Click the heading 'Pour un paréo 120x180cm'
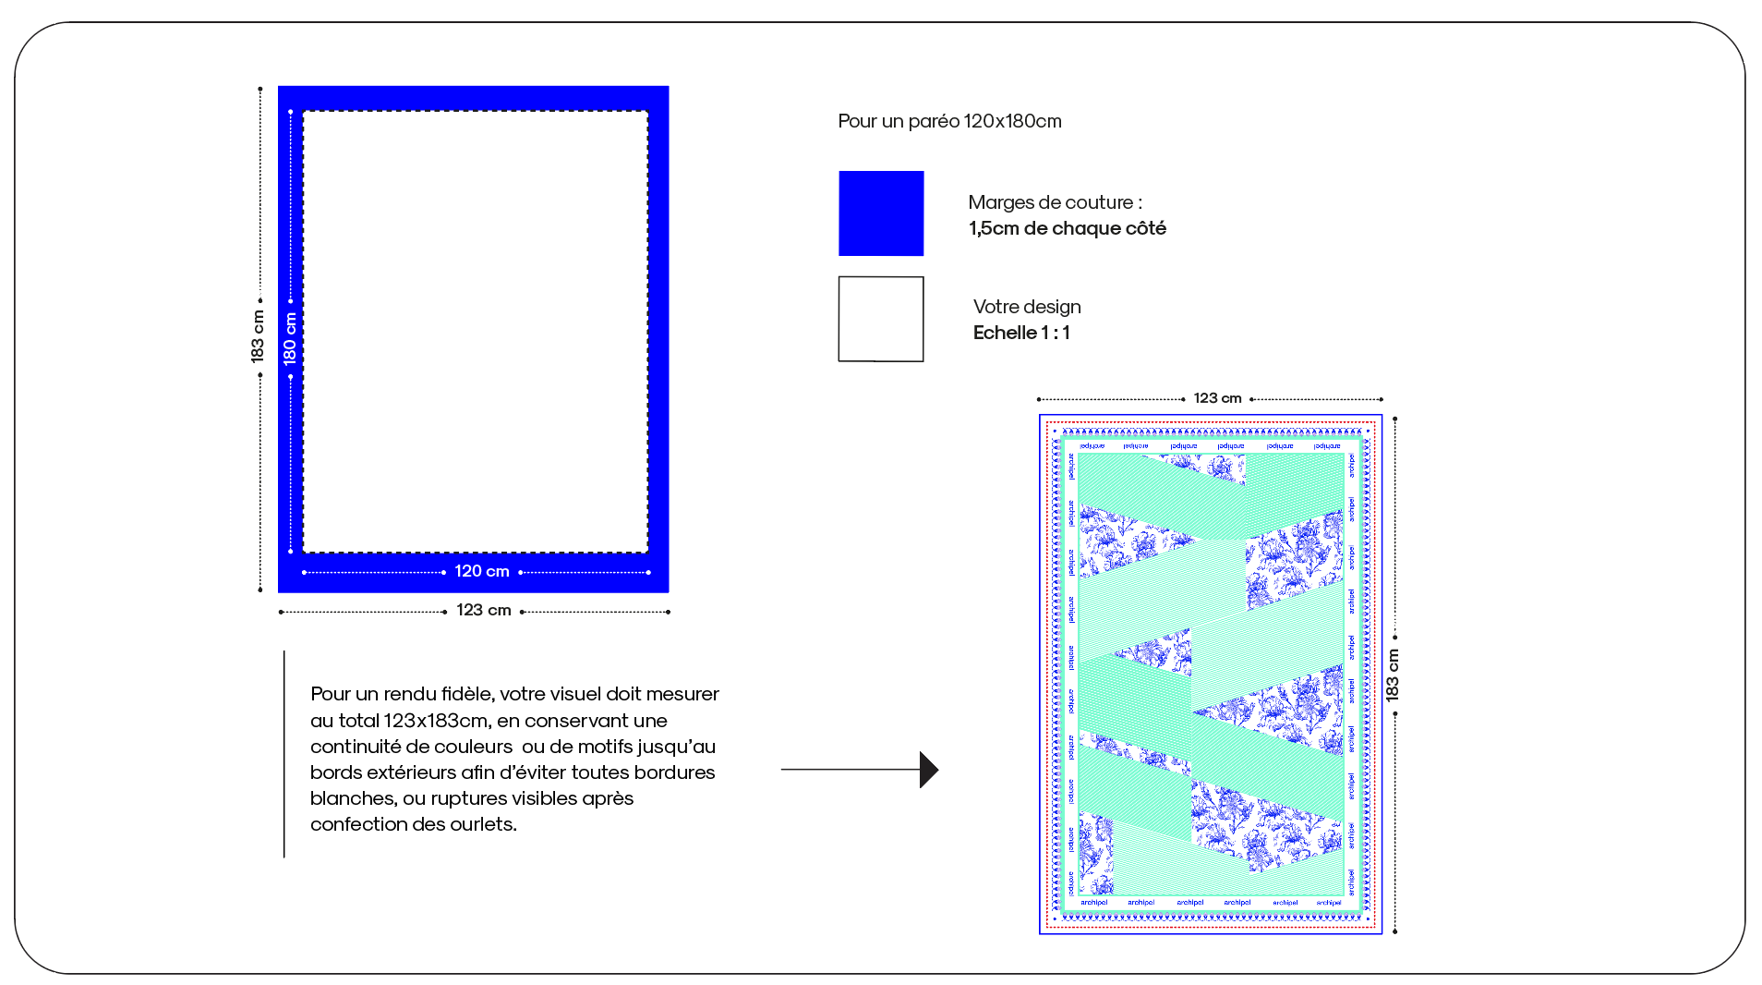[949, 121]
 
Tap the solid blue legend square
[880, 213]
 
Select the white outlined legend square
[880, 319]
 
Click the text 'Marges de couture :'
[1055, 202]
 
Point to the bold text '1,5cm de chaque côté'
[1067, 228]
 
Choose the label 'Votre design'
[1026, 307]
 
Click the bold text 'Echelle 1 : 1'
[1020, 333]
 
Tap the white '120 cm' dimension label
[481, 571]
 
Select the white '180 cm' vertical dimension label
[290, 338]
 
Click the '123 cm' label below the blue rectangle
[483, 610]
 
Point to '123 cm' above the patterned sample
[1217, 398]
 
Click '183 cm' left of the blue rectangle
[258, 336]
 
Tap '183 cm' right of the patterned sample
[1393, 675]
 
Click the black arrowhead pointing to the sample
[928, 769]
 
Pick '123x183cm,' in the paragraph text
[435, 720]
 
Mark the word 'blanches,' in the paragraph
[353, 797]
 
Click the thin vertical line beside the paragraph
[284, 754]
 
